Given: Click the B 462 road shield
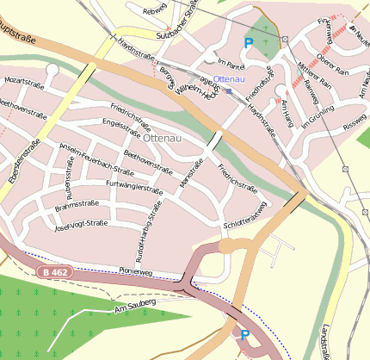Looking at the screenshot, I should (53, 272).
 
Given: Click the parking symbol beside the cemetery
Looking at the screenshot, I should (250, 42).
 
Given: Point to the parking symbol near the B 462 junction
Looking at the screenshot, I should (244, 335).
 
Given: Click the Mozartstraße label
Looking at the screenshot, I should (24, 80).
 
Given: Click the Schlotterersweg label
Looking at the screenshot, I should (246, 211).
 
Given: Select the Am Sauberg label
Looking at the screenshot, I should (133, 304).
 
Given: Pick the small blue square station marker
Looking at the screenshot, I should (229, 90).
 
